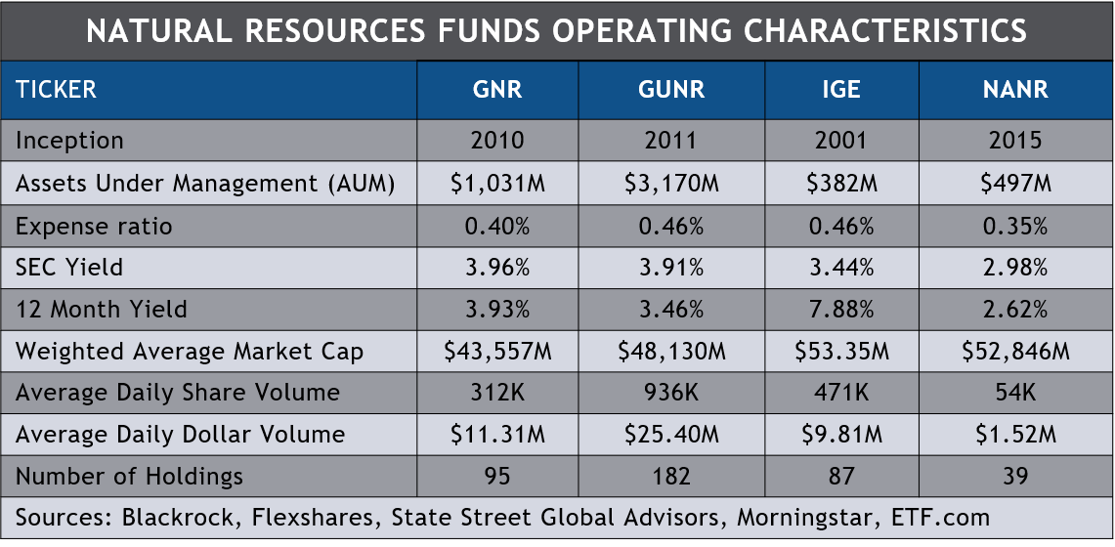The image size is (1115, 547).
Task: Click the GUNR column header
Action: [670, 90]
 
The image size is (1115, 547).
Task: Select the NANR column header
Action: [1015, 90]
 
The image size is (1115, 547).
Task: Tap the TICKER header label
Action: [56, 90]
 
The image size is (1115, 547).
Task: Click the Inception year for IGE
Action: [841, 141]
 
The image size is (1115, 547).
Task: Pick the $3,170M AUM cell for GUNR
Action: [670, 184]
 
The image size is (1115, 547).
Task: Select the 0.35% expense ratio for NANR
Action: [1015, 227]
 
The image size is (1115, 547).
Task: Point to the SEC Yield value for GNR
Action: [497, 268]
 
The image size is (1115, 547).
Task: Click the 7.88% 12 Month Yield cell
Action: [841, 310]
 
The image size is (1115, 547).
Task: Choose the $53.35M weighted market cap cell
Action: [841, 352]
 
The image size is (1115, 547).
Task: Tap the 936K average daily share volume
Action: [670, 393]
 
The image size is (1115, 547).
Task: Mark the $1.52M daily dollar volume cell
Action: [1015, 435]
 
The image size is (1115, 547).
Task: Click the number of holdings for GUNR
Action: [670, 477]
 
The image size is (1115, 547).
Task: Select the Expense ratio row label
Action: [94, 227]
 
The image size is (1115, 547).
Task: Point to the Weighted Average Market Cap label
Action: [190, 352]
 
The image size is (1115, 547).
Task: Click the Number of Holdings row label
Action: [129, 477]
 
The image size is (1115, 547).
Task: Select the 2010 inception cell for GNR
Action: [497, 141]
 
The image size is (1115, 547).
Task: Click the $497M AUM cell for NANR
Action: [1015, 184]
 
